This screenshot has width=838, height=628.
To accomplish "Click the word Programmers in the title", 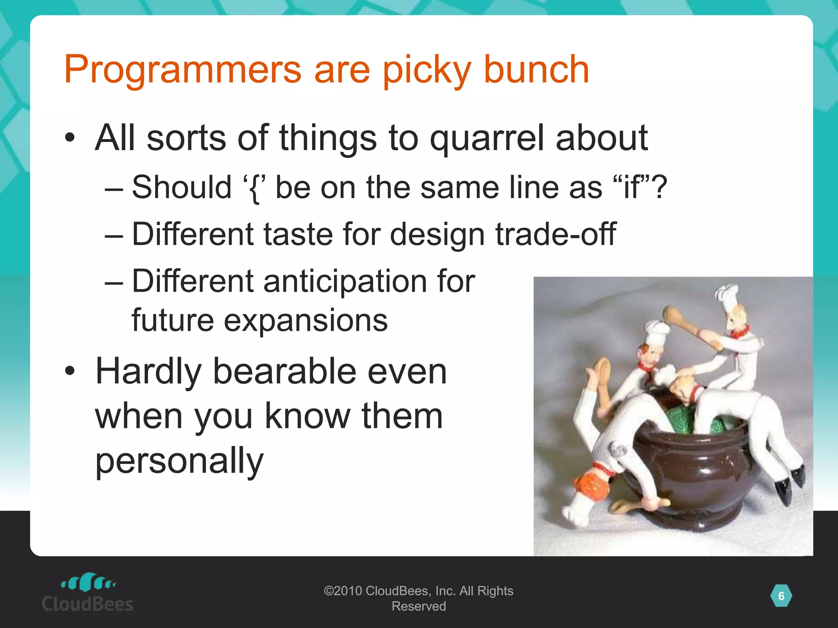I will pyautogui.click(x=182, y=70).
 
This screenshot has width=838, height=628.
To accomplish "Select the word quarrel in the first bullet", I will pyautogui.click(x=487, y=138).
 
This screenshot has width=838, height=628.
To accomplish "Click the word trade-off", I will pyautogui.click(x=556, y=234).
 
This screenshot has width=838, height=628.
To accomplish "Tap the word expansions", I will pyautogui.click(x=305, y=320).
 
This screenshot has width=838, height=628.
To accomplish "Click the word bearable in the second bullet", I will pyautogui.click(x=284, y=371).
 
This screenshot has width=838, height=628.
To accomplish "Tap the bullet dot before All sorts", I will pyautogui.click(x=70, y=138).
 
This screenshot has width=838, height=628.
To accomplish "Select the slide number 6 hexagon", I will pyautogui.click(x=781, y=596).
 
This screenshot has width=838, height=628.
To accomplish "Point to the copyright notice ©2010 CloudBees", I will pyautogui.click(x=418, y=598).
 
